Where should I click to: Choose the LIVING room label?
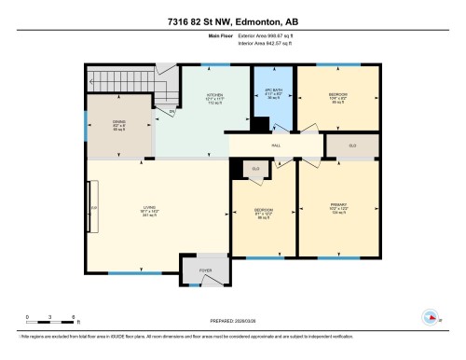(x=150, y=207)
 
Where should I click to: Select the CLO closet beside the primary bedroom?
(x=353, y=145)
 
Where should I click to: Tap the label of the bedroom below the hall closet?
(x=263, y=211)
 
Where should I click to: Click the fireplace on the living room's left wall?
(x=90, y=206)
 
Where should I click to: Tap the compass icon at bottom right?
(x=430, y=316)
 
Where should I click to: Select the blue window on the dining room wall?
(x=86, y=122)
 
